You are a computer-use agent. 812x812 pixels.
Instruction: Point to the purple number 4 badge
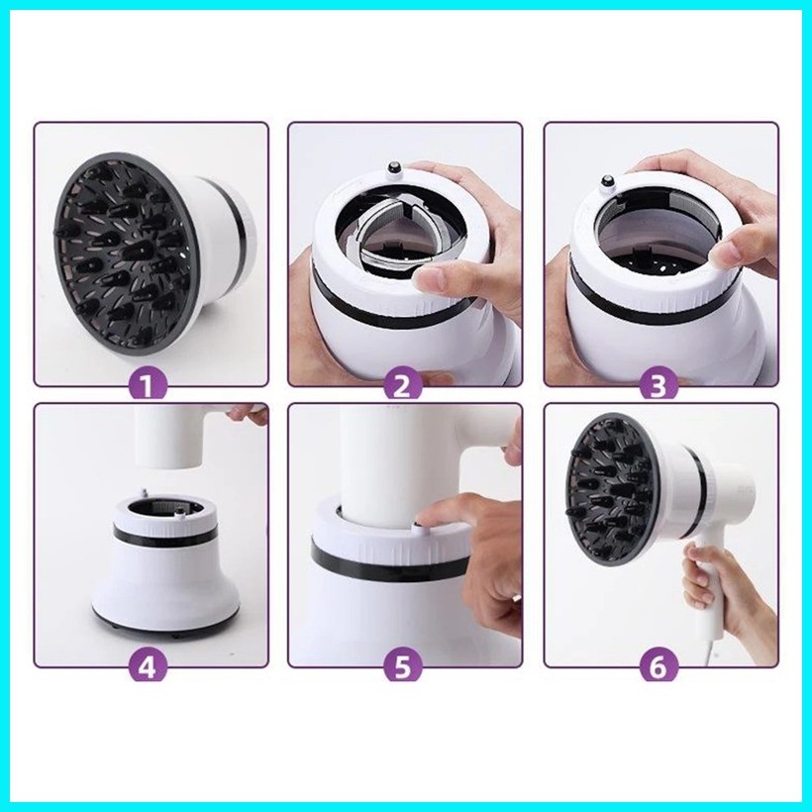pyautogui.click(x=148, y=668)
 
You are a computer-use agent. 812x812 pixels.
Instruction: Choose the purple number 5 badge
pyautogui.click(x=402, y=668)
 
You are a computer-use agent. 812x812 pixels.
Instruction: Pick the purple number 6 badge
pyautogui.click(x=657, y=668)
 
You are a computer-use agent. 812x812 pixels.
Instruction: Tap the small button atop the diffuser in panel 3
pyautogui.click(x=605, y=182)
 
